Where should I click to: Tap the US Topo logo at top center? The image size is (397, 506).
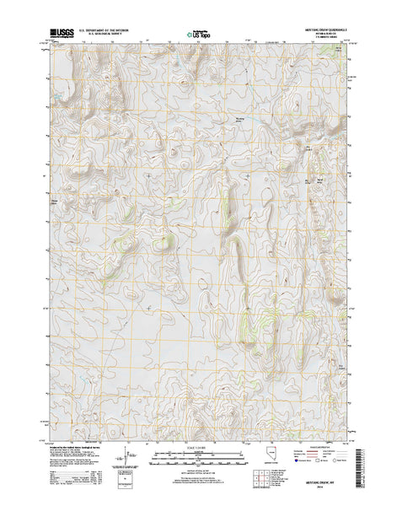click(x=199, y=35)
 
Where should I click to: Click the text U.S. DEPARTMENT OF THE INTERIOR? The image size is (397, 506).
click(x=110, y=30)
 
